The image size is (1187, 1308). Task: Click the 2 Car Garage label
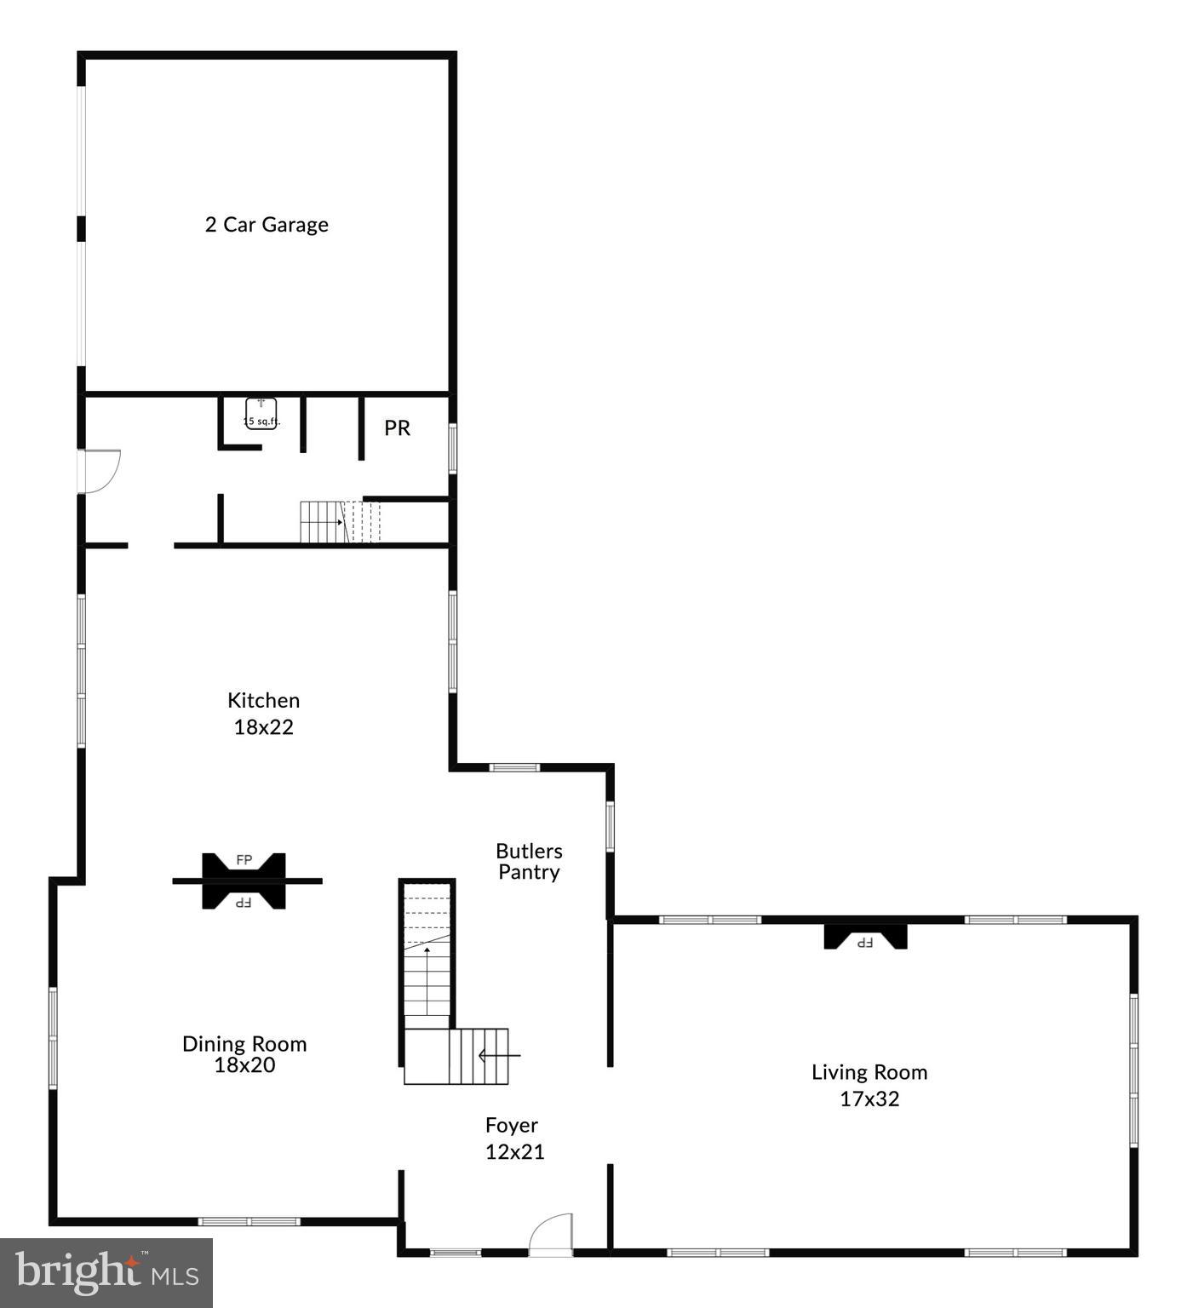pyautogui.click(x=267, y=225)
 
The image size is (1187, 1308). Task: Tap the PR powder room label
pyautogui.click(x=397, y=427)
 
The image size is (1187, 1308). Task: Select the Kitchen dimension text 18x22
pyautogui.click(x=263, y=727)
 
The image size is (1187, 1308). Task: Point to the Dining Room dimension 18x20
pyautogui.click(x=244, y=1065)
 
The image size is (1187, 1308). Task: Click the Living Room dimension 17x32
pyautogui.click(x=869, y=1099)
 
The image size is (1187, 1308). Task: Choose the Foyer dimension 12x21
pyautogui.click(x=514, y=1151)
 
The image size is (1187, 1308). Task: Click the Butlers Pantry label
pyautogui.click(x=529, y=861)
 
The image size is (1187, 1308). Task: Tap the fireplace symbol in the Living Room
pyautogui.click(x=865, y=938)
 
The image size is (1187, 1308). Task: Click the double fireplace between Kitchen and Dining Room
pyautogui.click(x=244, y=881)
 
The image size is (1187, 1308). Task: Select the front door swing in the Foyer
pyautogui.click(x=551, y=1234)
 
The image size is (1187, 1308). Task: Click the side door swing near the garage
pyautogui.click(x=100, y=471)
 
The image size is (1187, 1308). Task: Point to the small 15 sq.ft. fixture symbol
pyautogui.click(x=261, y=414)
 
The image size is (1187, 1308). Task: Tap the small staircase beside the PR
pyautogui.click(x=339, y=522)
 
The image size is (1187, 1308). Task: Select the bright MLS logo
pyautogui.click(x=106, y=1272)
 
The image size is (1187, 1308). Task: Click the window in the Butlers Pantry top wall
pyautogui.click(x=514, y=767)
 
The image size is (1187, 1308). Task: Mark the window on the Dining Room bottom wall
pyautogui.click(x=249, y=1221)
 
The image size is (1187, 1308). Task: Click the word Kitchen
pyautogui.click(x=263, y=700)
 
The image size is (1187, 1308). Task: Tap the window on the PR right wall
pyautogui.click(x=452, y=448)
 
